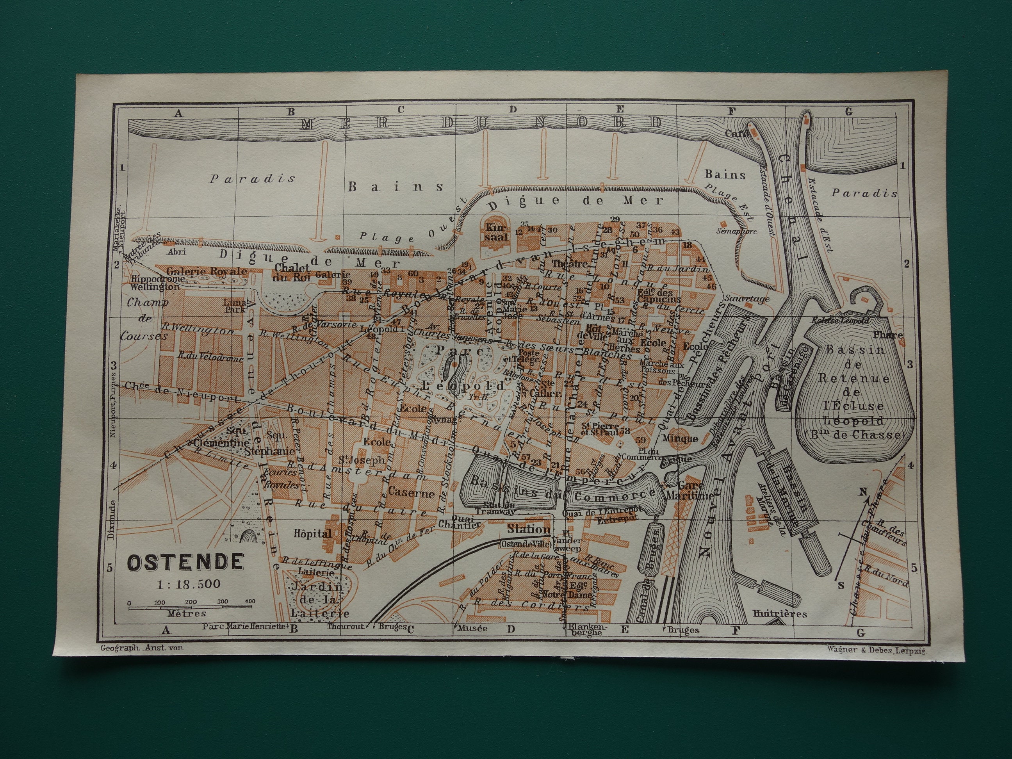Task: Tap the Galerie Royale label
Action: [207, 271]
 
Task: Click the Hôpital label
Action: [313, 534]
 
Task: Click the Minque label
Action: [679, 439]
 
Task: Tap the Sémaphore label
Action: [737, 232]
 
